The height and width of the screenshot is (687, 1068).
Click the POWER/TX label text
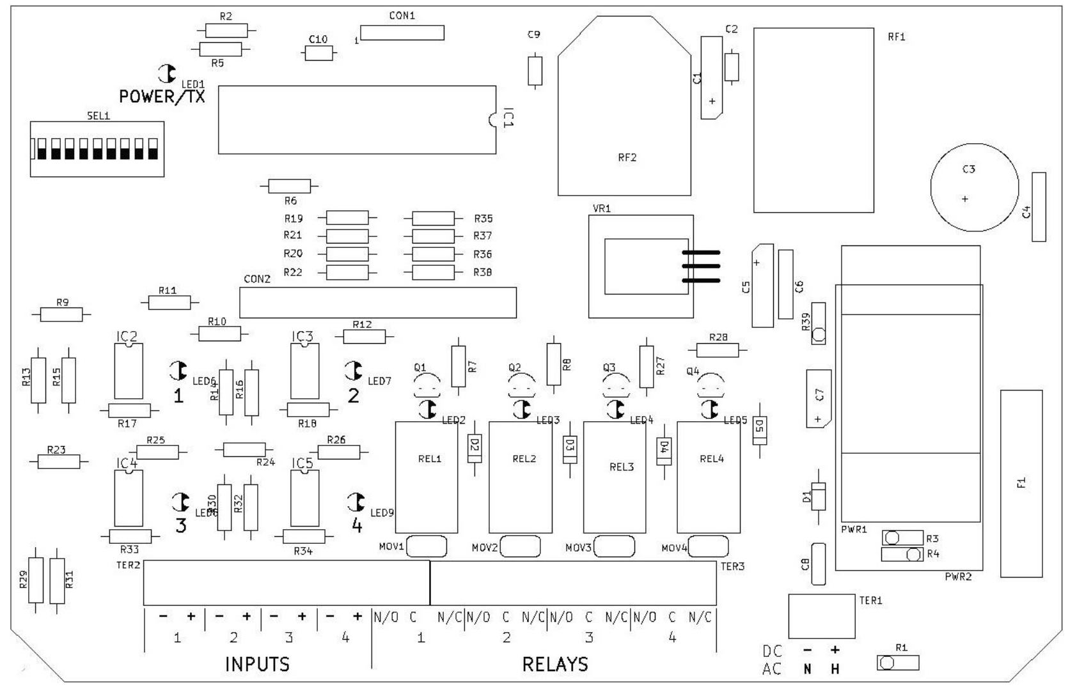click(162, 96)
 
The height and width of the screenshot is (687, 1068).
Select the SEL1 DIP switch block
click(97, 148)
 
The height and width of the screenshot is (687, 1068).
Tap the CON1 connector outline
click(402, 33)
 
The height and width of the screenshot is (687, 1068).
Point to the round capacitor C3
click(973, 187)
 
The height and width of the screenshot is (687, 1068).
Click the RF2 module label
click(627, 158)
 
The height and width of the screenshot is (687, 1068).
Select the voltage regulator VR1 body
click(641, 266)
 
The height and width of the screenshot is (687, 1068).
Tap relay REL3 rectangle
click(615, 477)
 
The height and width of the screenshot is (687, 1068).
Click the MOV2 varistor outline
click(520, 546)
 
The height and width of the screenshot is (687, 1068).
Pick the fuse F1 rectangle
click(1021, 483)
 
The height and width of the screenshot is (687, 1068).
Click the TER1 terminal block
click(821, 616)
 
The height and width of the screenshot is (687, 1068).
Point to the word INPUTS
click(257, 665)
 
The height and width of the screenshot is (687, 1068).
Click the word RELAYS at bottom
click(554, 665)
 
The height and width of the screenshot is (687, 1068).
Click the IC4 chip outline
click(128, 498)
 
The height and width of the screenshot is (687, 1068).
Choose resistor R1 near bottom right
click(897, 663)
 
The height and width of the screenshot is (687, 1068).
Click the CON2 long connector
click(377, 302)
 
